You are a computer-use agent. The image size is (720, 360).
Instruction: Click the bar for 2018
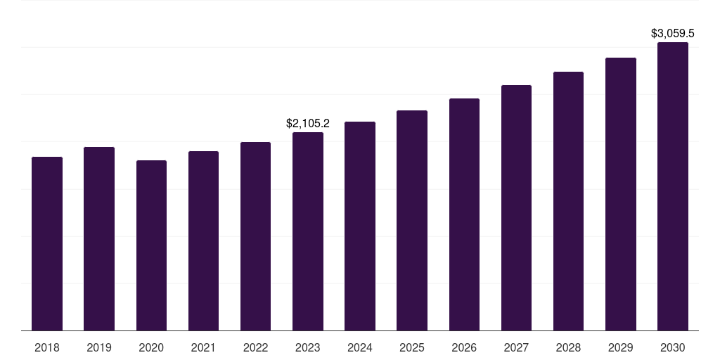(47, 243)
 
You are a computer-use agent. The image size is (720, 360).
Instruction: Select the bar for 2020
(151, 245)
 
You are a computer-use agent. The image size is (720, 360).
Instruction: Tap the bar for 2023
(308, 231)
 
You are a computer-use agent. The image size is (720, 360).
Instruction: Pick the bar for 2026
(464, 214)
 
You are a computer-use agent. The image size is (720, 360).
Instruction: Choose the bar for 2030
(672, 186)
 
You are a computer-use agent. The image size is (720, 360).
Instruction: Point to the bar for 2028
(568, 201)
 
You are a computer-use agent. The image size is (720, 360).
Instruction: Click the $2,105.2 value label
(308, 124)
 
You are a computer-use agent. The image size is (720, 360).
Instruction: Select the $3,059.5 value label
(672, 33)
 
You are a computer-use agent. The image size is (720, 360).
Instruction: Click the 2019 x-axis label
(99, 347)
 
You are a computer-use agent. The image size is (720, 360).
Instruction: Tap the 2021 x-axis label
(203, 347)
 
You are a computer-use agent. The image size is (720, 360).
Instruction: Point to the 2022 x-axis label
(255, 347)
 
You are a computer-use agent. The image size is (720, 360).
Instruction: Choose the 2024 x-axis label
(360, 347)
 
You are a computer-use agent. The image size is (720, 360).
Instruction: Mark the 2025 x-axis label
(412, 347)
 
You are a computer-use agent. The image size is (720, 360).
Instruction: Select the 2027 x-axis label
(516, 347)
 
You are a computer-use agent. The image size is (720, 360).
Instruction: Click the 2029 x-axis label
(620, 347)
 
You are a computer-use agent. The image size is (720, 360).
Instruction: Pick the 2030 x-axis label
(672, 347)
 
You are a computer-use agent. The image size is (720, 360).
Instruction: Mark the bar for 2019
(99, 238)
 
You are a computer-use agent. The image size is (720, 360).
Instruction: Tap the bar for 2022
(255, 236)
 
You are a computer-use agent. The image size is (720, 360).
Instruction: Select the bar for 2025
(412, 220)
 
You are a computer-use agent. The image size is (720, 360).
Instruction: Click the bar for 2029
(620, 194)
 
